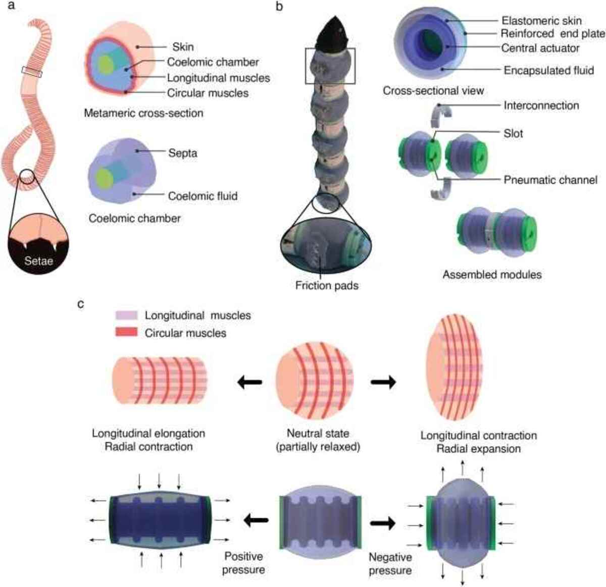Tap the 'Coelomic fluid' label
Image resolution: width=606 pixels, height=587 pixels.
(x=203, y=196)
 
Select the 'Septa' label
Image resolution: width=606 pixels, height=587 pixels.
(x=183, y=153)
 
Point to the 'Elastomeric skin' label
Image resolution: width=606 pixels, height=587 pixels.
(x=541, y=21)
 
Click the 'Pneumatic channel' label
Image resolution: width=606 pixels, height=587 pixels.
(x=550, y=180)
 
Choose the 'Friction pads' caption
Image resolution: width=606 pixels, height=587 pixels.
(x=327, y=286)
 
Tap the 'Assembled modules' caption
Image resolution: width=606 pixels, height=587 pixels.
(x=492, y=275)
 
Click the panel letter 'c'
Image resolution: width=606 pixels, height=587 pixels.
(x=81, y=304)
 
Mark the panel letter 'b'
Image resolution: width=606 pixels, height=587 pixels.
(x=279, y=7)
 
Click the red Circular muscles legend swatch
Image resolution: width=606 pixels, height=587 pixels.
(x=126, y=333)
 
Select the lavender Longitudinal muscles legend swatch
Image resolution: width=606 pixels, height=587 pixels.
(x=126, y=315)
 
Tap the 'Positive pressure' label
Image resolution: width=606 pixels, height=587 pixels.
(x=244, y=563)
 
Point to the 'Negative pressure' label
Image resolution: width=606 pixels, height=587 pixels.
(x=390, y=564)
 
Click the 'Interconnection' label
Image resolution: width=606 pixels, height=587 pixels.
(x=541, y=105)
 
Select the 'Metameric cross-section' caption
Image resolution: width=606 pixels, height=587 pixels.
(x=143, y=113)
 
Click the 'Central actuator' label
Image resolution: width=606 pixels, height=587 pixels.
(x=540, y=48)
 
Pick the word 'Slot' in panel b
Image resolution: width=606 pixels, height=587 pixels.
(x=513, y=134)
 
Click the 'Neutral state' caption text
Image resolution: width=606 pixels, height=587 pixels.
(x=318, y=434)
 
